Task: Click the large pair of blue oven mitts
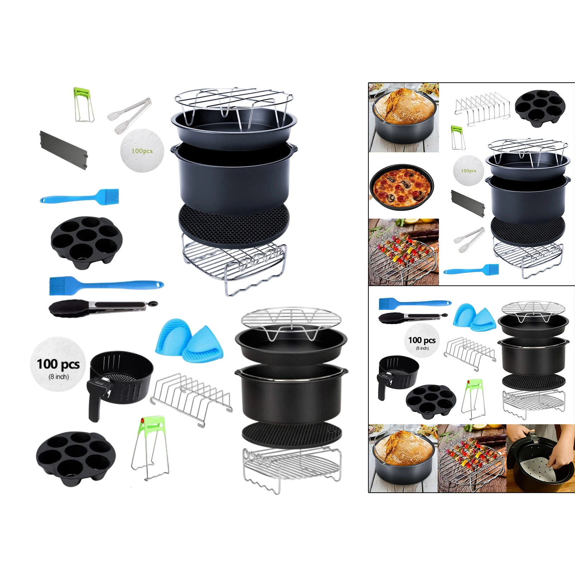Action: (x=189, y=340)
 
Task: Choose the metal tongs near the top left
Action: (x=129, y=115)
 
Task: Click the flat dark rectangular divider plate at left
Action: (x=64, y=150)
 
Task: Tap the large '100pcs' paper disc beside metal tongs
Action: (x=142, y=151)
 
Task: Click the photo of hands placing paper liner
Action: (x=540, y=458)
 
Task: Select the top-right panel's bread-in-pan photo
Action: (x=404, y=117)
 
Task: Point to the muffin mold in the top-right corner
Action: (x=540, y=107)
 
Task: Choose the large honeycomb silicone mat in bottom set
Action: (x=292, y=434)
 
